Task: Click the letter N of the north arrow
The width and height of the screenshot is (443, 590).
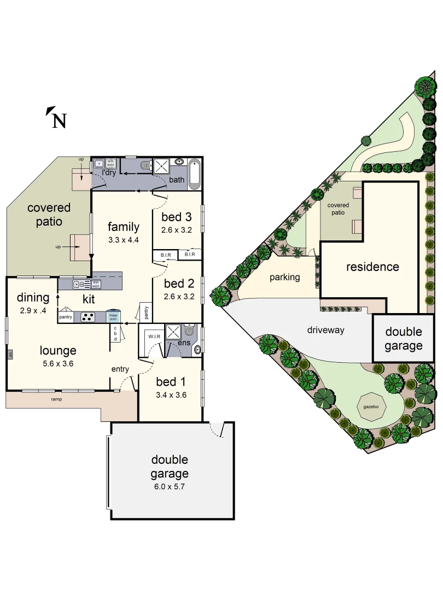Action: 59,120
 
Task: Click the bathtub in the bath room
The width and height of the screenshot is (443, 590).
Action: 195,174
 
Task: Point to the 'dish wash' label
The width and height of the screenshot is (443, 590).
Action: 96,284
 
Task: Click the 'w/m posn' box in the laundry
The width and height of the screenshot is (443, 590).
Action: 110,162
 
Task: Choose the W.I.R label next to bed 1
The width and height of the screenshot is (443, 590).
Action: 154,336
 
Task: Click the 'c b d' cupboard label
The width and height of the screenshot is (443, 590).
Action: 115,333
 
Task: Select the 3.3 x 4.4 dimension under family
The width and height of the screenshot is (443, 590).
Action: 123,240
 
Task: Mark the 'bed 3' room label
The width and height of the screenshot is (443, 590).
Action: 177,217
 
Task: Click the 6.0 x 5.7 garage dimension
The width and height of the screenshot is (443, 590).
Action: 170,486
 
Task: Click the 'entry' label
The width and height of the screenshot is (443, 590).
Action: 120,369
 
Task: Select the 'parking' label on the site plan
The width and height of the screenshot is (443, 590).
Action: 284,277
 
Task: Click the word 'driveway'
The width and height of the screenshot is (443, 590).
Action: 325,330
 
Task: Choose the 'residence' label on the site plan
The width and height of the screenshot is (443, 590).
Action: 372,267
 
